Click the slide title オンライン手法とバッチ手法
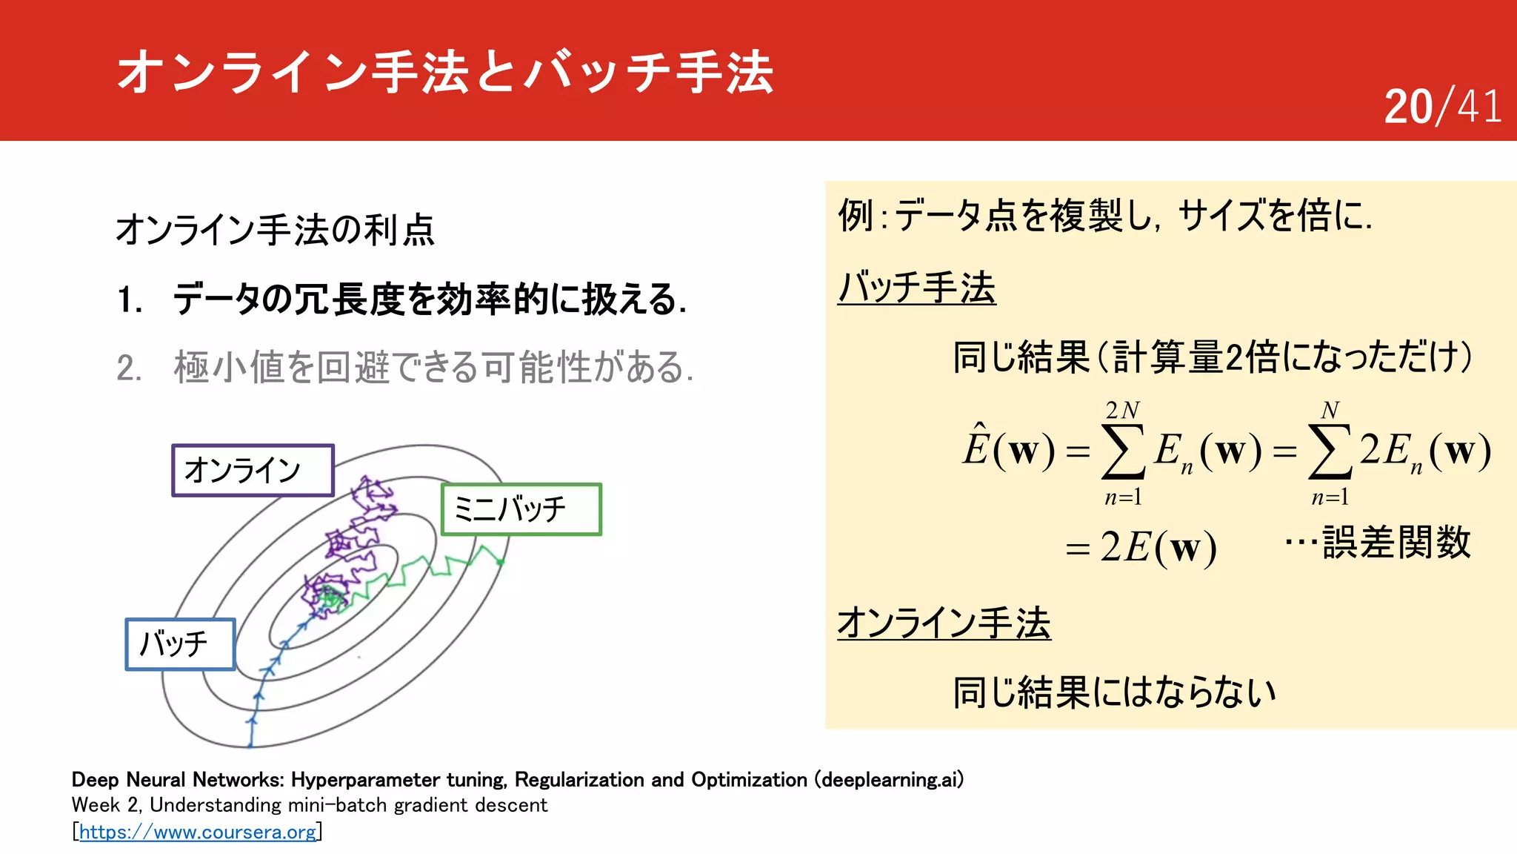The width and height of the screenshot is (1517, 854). coord(444,72)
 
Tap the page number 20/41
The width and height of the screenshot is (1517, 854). coord(1442,107)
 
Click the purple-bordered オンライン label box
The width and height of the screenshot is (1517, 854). coord(253,470)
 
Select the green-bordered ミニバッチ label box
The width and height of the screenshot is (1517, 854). coord(521,509)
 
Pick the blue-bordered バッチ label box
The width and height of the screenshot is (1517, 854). coord(180,644)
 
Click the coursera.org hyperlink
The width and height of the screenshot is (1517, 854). coord(198,832)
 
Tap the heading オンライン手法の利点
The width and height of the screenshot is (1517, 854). coord(275,229)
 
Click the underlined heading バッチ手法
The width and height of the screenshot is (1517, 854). coord(916,287)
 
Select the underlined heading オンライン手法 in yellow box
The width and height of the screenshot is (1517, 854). coord(944,623)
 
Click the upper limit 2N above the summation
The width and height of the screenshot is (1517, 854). coord(1122,410)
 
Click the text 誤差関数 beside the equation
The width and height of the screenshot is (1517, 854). coord(1396,542)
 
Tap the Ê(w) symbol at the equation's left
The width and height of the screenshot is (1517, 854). coord(1008,448)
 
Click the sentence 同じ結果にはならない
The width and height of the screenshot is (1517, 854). coord(1114,692)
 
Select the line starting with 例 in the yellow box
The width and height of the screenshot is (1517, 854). coord(1104,216)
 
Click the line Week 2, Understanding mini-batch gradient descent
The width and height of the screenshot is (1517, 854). coord(309,805)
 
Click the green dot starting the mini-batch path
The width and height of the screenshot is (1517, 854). coord(501,562)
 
